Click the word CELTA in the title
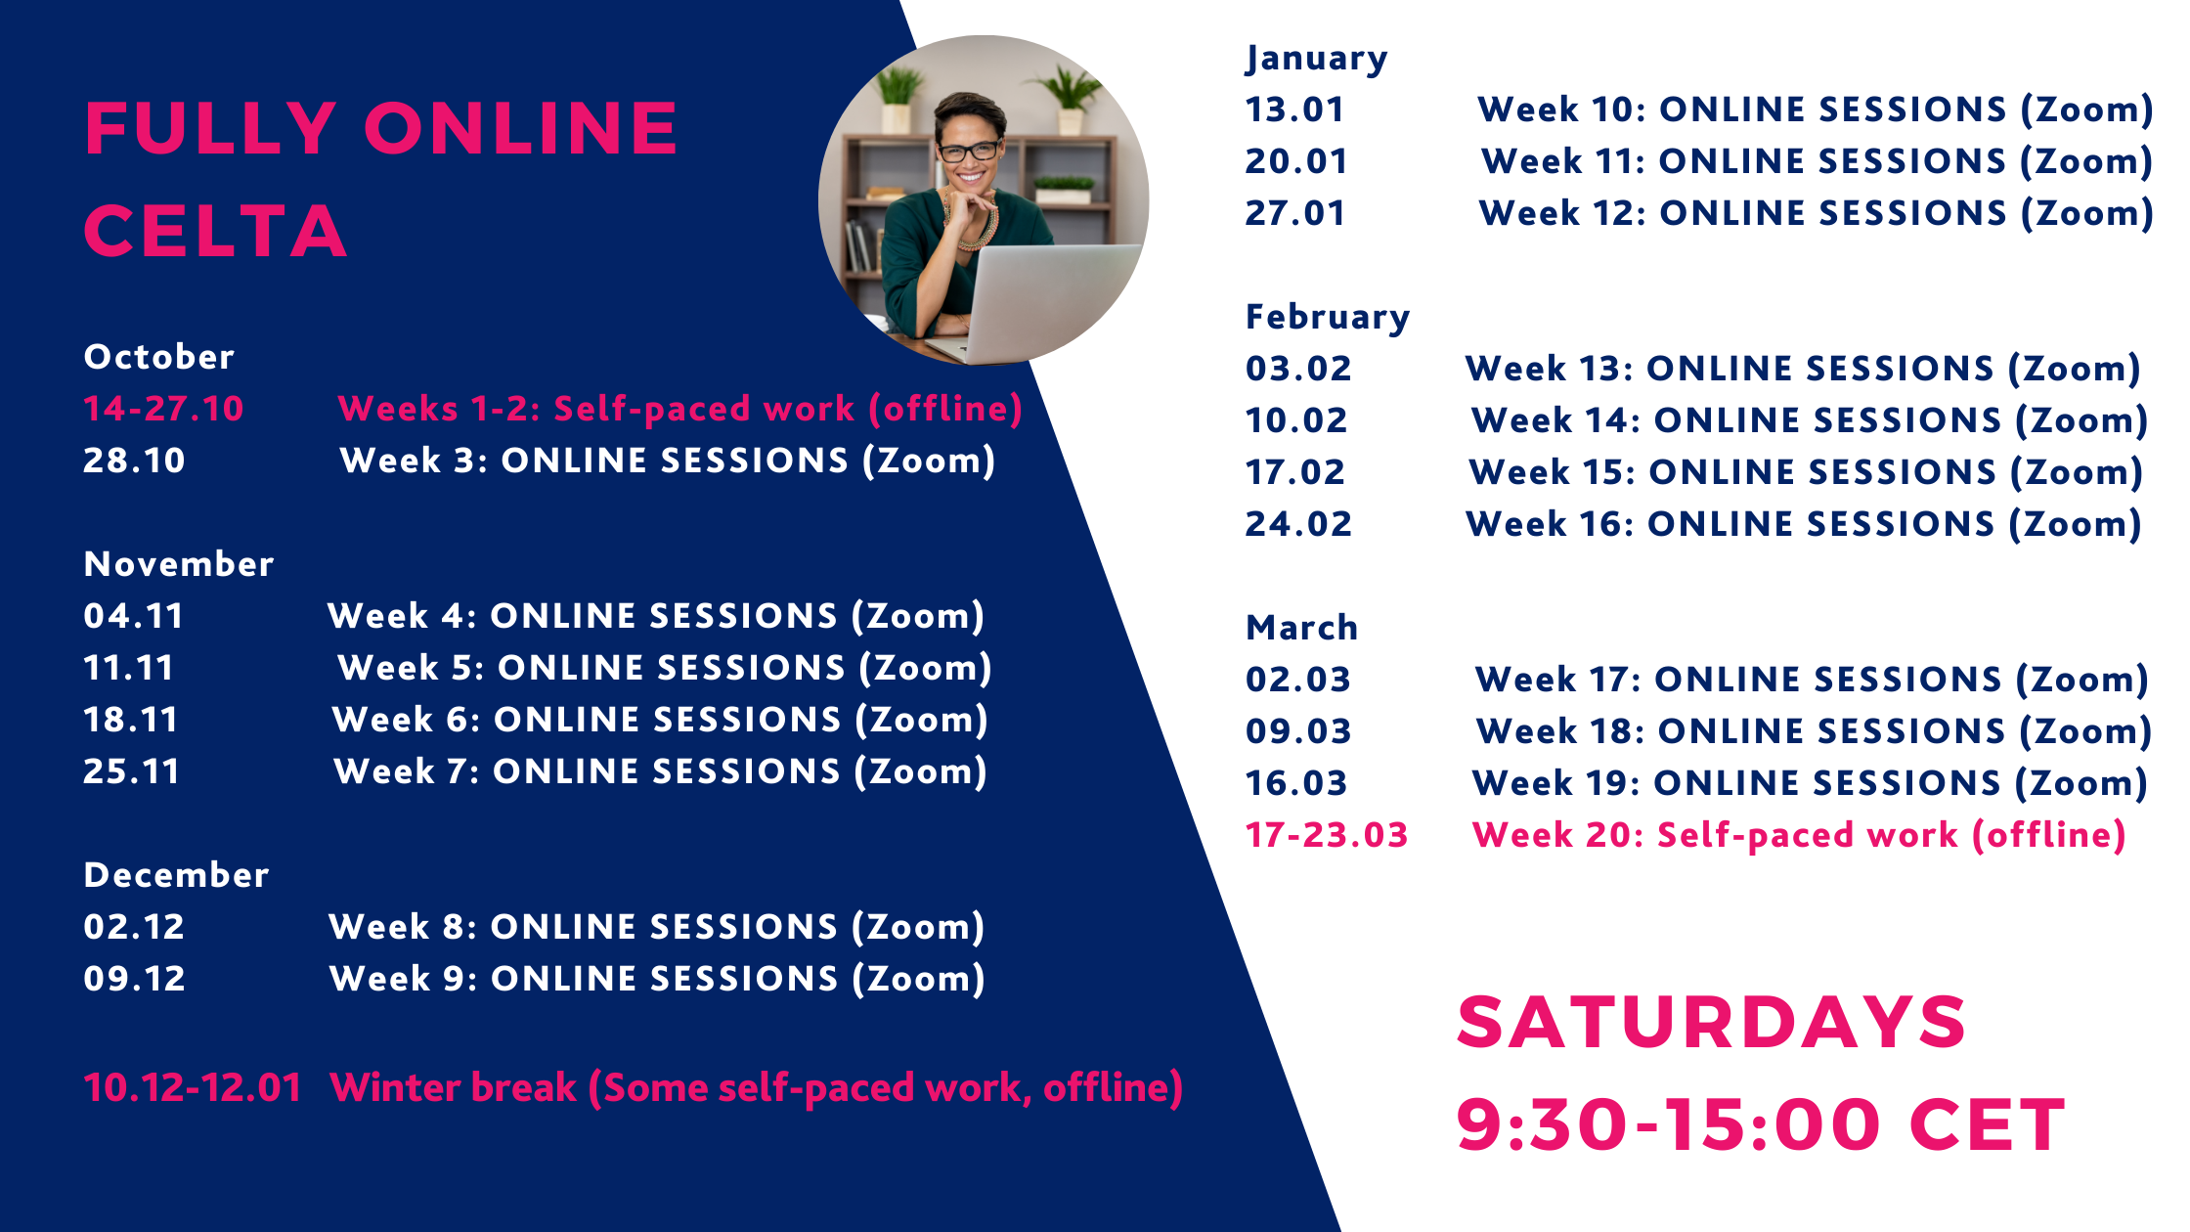point(215,232)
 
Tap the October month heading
point(159,357)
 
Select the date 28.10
point(134,461)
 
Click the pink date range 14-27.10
point(163,409)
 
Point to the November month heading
point(179,564)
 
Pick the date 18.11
point(131,720)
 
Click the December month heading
point(176,875)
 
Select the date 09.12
point(134,979)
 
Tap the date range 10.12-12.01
point(193,1087)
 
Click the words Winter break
point(454,1087)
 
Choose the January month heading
point(1316,59)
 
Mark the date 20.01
point(1296,161)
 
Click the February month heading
point(1328,317)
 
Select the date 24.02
point(1298,524)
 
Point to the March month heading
point(1301,628)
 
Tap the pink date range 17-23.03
point(1327,835)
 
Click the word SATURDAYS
point(1711,1023)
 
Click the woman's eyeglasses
point(969,152)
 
